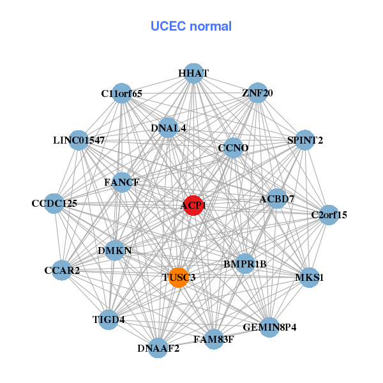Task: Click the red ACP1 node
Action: point(193,206)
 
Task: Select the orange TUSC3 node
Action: point(179,278)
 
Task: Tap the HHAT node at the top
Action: point(193,73)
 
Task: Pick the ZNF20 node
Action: point(257,93)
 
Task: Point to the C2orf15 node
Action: point(329,215)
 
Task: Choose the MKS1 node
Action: point(310,278)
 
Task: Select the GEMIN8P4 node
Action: point(269,327)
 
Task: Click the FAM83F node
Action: point(213,339)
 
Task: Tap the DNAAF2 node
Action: point(158,348)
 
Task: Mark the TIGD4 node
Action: point(108,319)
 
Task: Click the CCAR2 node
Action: point(62,271)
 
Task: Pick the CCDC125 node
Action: point(54,204)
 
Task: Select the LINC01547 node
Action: point(79,140)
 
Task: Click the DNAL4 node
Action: point(169,128)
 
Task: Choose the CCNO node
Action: point(233,148)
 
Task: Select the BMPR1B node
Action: point(245,264)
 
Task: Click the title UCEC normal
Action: point(191,26)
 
